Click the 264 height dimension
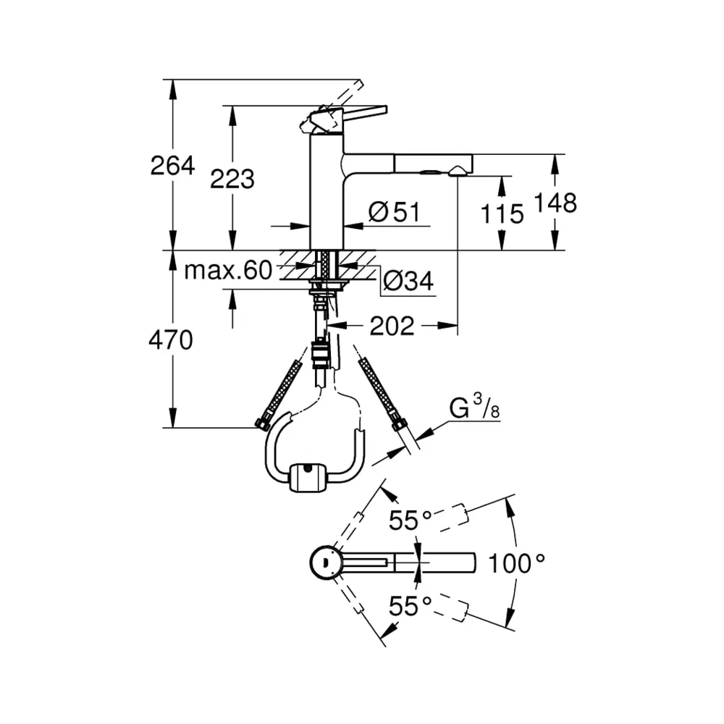coord(172,166)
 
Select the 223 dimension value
coord(232,179)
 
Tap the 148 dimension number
coord(555,203)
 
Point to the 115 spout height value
coord(502,214)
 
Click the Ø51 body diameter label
coord(395,212)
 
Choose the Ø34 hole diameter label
coord(408,280)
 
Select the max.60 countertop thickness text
coord(228,270)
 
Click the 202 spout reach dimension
coord(392,327)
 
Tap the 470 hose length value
coord(170,341)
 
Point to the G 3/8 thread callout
coord(474,408)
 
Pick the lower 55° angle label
coord(410,606)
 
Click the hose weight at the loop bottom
coord(306,477)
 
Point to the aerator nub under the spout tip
coord(455,172)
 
